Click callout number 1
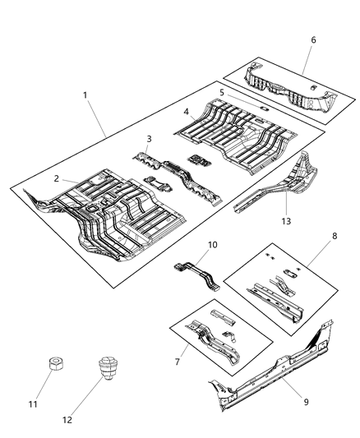[x=85, y=95]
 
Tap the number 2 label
[x=57, y=178]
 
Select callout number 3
[x=149, y=139]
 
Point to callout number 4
[x=186, y=112]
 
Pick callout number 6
[x=312, y=39]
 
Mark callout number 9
[x=306, y=402]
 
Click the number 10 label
[x=212, y=244]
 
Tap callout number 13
[x=286, y=219]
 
